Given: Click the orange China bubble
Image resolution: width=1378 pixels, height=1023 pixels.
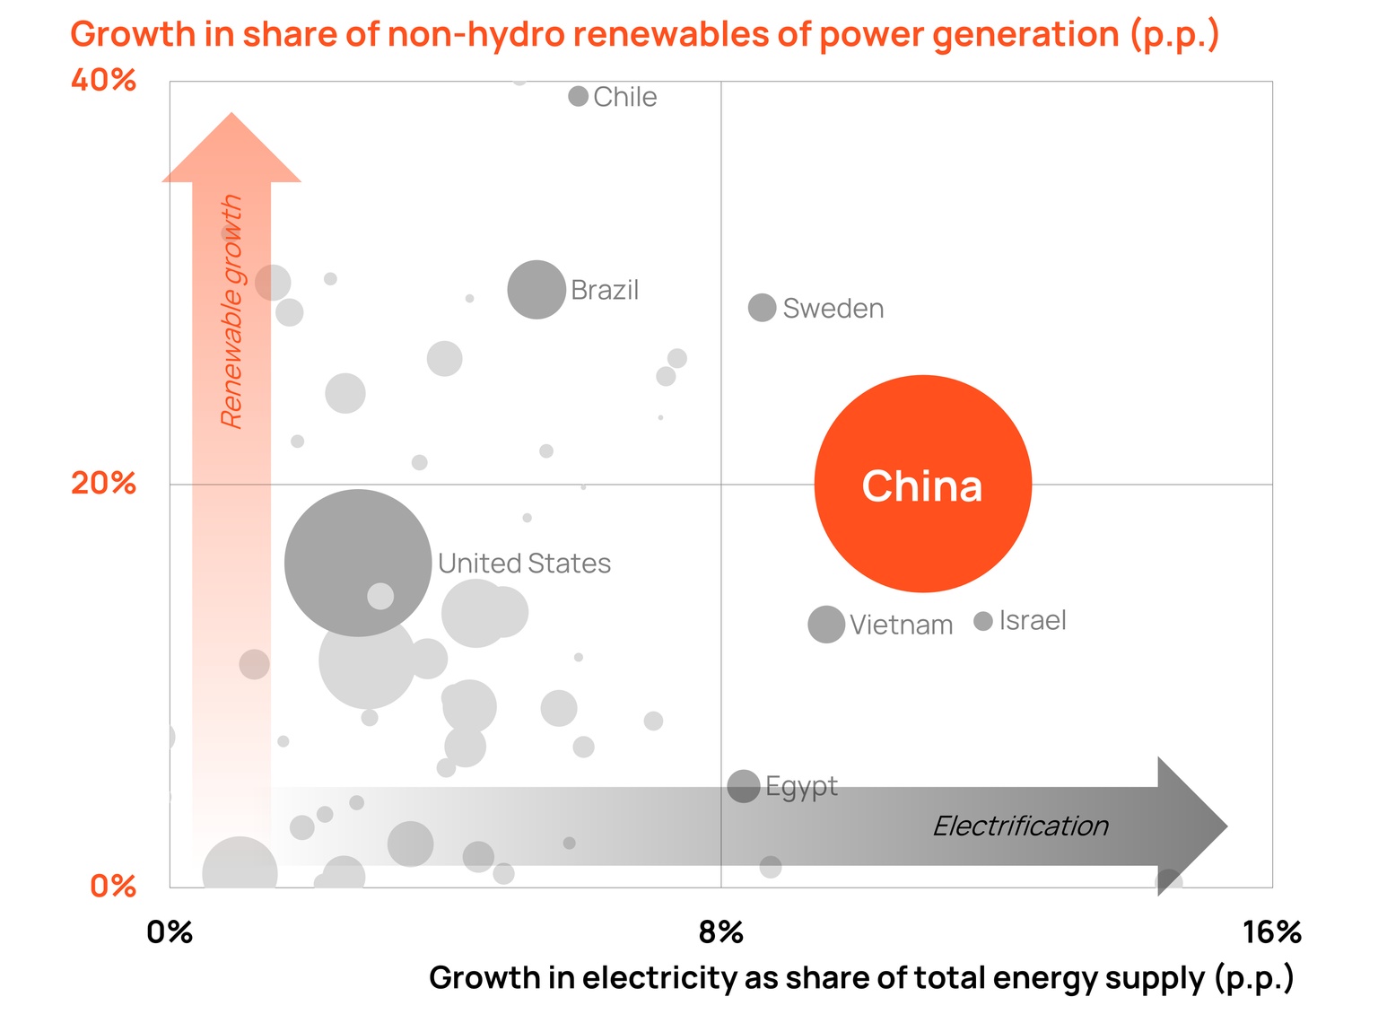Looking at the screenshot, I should [922, 484].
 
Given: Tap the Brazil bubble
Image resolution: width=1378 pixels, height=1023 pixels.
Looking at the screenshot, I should [536, 290].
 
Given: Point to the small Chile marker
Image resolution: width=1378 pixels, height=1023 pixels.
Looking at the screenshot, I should [579, 96].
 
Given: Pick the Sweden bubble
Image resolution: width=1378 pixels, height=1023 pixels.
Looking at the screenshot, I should [762, 307].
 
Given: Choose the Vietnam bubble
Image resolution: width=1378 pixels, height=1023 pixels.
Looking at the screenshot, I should [826, 624].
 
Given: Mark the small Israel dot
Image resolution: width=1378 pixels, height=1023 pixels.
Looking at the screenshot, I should [983, 621].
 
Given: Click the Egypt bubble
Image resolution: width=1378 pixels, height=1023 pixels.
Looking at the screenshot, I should [744, 786].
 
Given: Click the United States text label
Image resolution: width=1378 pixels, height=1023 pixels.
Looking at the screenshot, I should [524, 564].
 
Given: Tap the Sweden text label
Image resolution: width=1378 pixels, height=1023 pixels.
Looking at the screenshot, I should [833, 309].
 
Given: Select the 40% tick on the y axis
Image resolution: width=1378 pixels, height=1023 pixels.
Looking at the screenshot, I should [104, 81].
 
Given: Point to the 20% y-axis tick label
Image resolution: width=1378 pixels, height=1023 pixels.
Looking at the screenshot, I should [104, 484].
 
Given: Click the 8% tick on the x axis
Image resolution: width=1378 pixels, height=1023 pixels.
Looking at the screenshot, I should [721, 932].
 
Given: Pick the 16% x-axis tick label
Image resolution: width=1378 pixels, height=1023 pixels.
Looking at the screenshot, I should [1271, 932].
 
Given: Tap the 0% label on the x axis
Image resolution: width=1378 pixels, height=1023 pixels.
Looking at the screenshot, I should [170, 932].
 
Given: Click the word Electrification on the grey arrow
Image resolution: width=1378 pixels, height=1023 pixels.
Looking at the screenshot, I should [1020, 826].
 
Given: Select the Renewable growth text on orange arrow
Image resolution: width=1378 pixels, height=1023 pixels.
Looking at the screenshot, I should [231, 311].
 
